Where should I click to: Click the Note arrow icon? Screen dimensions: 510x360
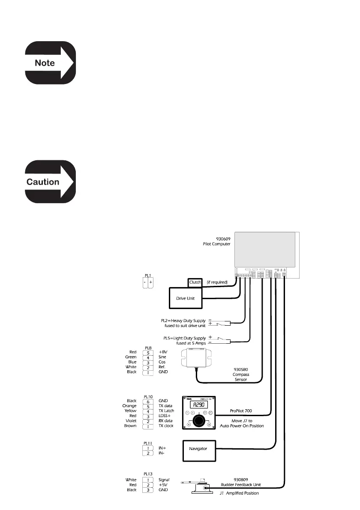49,63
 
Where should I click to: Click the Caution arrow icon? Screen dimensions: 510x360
49,182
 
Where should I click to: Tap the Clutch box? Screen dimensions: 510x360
198,283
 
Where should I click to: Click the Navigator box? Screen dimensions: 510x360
198,449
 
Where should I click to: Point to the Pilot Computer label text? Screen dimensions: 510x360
216,243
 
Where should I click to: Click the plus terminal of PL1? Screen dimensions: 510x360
151,283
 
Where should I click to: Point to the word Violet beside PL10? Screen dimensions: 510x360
130,420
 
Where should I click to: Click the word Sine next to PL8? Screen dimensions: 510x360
163,357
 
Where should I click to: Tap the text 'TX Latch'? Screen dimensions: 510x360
167,411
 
